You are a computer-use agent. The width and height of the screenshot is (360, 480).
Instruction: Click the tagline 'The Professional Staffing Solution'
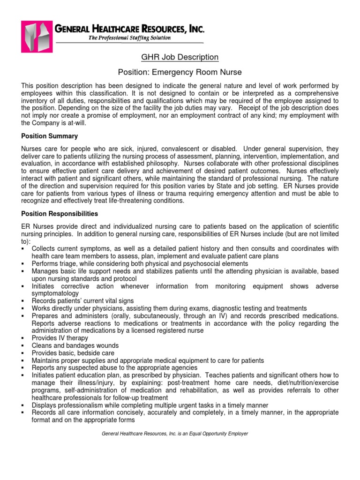pos(130,38)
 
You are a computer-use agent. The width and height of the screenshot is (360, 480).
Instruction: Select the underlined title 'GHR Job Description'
pos(180,57)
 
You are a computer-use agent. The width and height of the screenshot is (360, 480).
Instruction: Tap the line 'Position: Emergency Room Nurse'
pos(180,72)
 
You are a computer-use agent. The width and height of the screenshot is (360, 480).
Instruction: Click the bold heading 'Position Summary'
pos(50,136)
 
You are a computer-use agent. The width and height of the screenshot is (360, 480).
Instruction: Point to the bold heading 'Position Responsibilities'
pos(60,213)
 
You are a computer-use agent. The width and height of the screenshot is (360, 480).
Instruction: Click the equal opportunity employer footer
pos(175,434)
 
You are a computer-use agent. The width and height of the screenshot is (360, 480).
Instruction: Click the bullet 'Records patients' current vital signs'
pos(82,300)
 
